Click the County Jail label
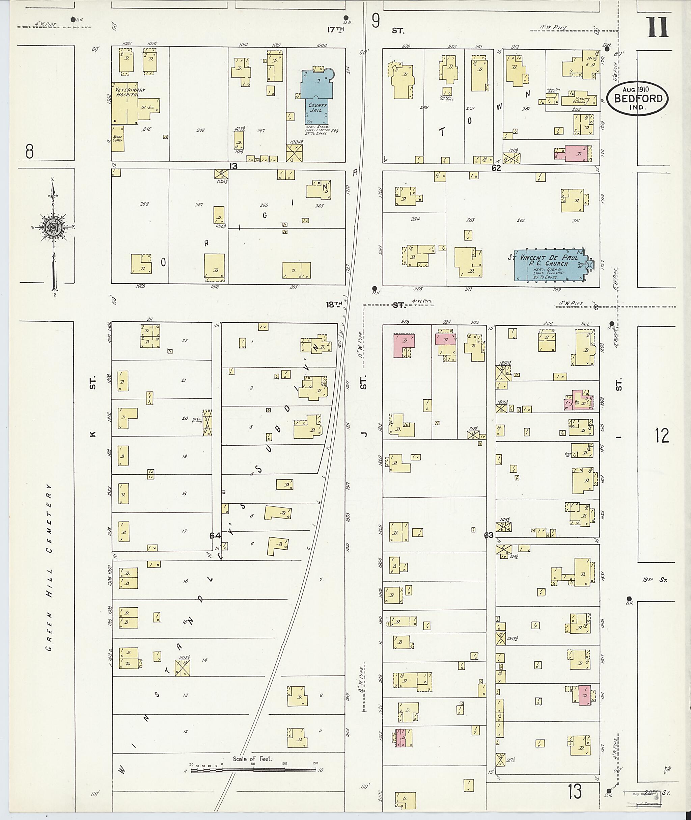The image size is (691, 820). click(317, 108)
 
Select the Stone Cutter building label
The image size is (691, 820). click(117, 138)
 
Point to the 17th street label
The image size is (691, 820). click(336, 30)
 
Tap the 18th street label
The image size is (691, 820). click(335, 304)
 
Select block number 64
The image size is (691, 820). click(215, 535)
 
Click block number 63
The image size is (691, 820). click(489, 535)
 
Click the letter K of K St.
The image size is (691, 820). click(92, 434)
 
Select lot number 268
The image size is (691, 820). click(144, 204)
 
